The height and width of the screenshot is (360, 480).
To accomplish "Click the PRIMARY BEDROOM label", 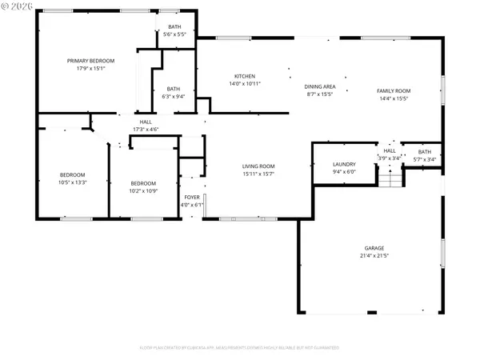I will (x=90, y=61).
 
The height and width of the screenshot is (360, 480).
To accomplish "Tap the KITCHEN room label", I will (x=245, y=75).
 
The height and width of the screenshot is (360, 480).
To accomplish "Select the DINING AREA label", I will (x=319, y=86).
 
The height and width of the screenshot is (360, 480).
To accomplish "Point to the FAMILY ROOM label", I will (x=394, y=90).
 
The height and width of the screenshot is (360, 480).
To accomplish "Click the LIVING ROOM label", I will (x=264, y=166).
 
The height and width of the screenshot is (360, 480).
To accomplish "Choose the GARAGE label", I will (x=375, y=248).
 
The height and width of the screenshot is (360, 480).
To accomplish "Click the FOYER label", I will (x=193, y=197).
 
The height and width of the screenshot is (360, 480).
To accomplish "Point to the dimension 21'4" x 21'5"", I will (x=375, y=257).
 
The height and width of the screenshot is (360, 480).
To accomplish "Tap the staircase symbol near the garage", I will (x=390, y=180).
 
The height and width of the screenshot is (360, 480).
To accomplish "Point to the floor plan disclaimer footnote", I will (x=240, y=348).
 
